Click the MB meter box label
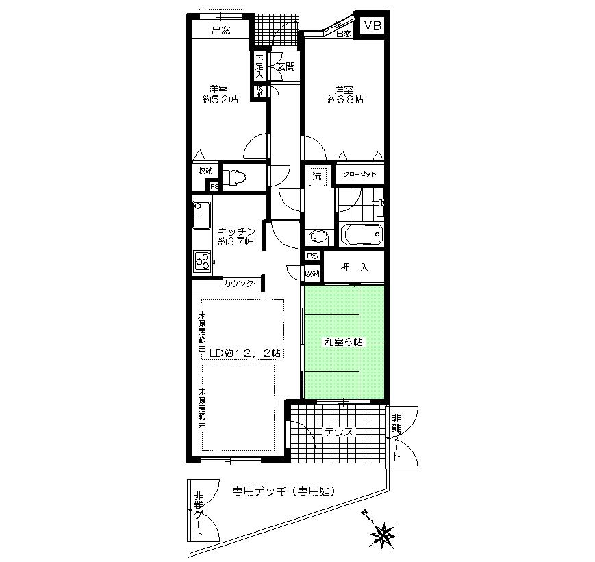tap(372, 26)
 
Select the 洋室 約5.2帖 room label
tap(220, 94)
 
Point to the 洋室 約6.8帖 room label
tap(344, 95)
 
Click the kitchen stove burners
tap(203, 260)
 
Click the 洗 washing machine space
tap(317, 175)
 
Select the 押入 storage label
tap(354, 268)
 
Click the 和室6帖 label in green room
tap(344, 342)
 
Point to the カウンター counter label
tap(241, 283)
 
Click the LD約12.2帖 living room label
tap(244, 353)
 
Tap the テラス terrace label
tap(338, 432)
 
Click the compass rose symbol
tap(385, 533)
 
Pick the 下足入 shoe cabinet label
tap(260, 66)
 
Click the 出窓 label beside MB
tap(343, 34)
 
